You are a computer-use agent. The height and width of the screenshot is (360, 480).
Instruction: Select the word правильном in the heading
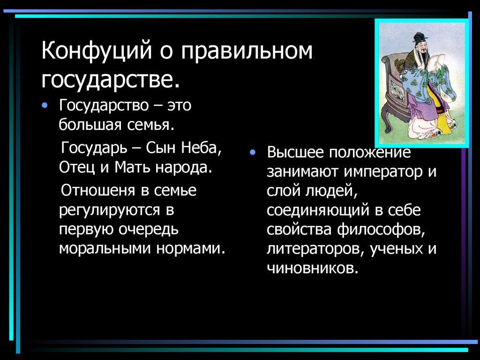point(247,51)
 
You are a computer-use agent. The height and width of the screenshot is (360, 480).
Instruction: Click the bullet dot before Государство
point(45,105)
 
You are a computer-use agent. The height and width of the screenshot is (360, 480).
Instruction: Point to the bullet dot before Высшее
point(252,152)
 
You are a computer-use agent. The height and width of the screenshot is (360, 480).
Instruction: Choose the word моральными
point(105,248)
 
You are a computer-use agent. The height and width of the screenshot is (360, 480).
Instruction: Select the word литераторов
point(315,249)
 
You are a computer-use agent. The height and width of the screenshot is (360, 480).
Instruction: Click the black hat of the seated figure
point(419,37)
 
